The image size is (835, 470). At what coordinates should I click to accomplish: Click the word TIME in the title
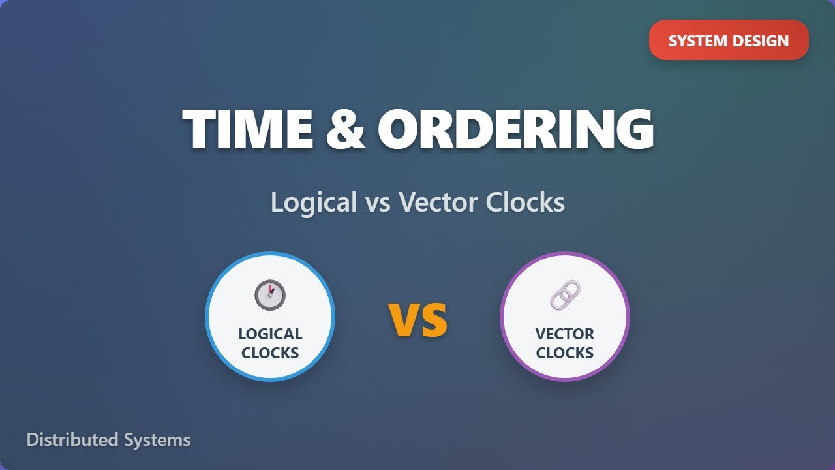(x=248, y=129)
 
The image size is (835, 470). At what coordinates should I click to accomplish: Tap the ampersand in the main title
(x=344, y=129)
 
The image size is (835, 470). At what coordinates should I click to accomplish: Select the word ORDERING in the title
(x=515, y=129)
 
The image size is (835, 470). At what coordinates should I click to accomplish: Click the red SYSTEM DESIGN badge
(x=728, y=40)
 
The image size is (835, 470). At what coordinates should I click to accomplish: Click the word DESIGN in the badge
(x=759, y=40)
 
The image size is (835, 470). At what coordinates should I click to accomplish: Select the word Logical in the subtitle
(x=313, y=202)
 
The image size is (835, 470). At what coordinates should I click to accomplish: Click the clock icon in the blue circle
(x=270, y=295)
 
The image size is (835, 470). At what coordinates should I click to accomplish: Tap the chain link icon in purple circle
(x=564, y=295)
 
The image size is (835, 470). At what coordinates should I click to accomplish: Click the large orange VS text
(x=418, y=319)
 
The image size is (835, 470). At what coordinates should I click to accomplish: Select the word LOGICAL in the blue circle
(x=270, y=334)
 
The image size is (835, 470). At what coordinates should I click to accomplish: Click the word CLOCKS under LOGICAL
(x=270, y=353)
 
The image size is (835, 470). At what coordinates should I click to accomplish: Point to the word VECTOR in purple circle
(x=564, y=334)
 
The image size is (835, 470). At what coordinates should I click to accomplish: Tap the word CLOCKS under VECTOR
(x=564, y=353)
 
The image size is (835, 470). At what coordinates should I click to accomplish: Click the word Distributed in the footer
(x=72, y=440)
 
